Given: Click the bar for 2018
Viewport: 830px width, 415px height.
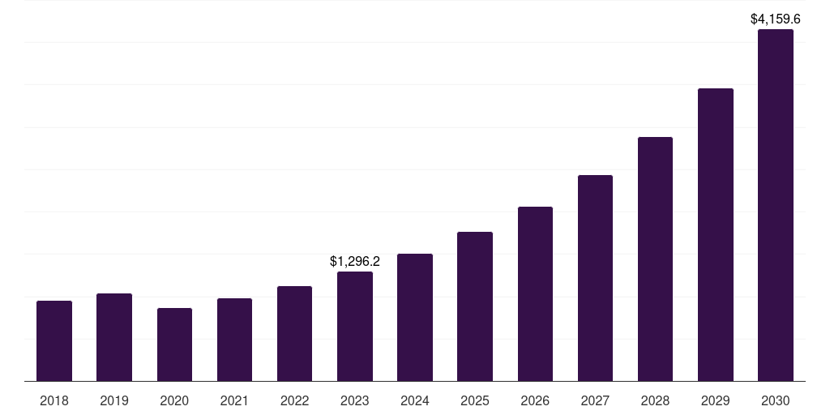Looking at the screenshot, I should point(54,340).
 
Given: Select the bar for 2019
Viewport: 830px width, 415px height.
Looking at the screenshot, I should point(114,337).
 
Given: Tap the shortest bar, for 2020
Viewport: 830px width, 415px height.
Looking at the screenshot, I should point(174,344).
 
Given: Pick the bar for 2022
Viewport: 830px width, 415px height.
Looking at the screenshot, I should point(294,333).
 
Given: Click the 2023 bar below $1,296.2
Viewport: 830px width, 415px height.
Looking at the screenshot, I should point(355,326).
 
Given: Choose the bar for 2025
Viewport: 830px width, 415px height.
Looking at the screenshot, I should point(475,306).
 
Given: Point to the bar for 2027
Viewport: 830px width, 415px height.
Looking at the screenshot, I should point(595,278).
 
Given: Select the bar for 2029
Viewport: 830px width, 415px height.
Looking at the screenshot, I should point(715,234).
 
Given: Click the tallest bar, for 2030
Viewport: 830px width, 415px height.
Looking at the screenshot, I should point(775,205).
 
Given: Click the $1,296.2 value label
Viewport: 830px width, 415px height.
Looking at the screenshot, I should point(355,262).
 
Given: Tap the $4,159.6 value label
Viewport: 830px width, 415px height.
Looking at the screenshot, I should point(775,19).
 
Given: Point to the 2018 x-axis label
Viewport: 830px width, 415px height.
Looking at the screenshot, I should point(54,400).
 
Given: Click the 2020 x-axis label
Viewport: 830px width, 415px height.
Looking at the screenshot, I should point(174,400).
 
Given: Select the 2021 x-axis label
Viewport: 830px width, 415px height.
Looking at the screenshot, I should point(234,400).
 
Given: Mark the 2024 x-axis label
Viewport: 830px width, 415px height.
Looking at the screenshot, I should point(415,400).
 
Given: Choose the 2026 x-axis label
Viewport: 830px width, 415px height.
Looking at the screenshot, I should point(535,400).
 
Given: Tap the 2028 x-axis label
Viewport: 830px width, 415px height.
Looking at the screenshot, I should point(655,400).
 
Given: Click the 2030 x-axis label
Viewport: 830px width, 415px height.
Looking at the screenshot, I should point(775,400).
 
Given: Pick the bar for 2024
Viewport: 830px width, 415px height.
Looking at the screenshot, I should point(415,317).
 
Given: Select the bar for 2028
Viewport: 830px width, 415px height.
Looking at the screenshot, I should point(655,259).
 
